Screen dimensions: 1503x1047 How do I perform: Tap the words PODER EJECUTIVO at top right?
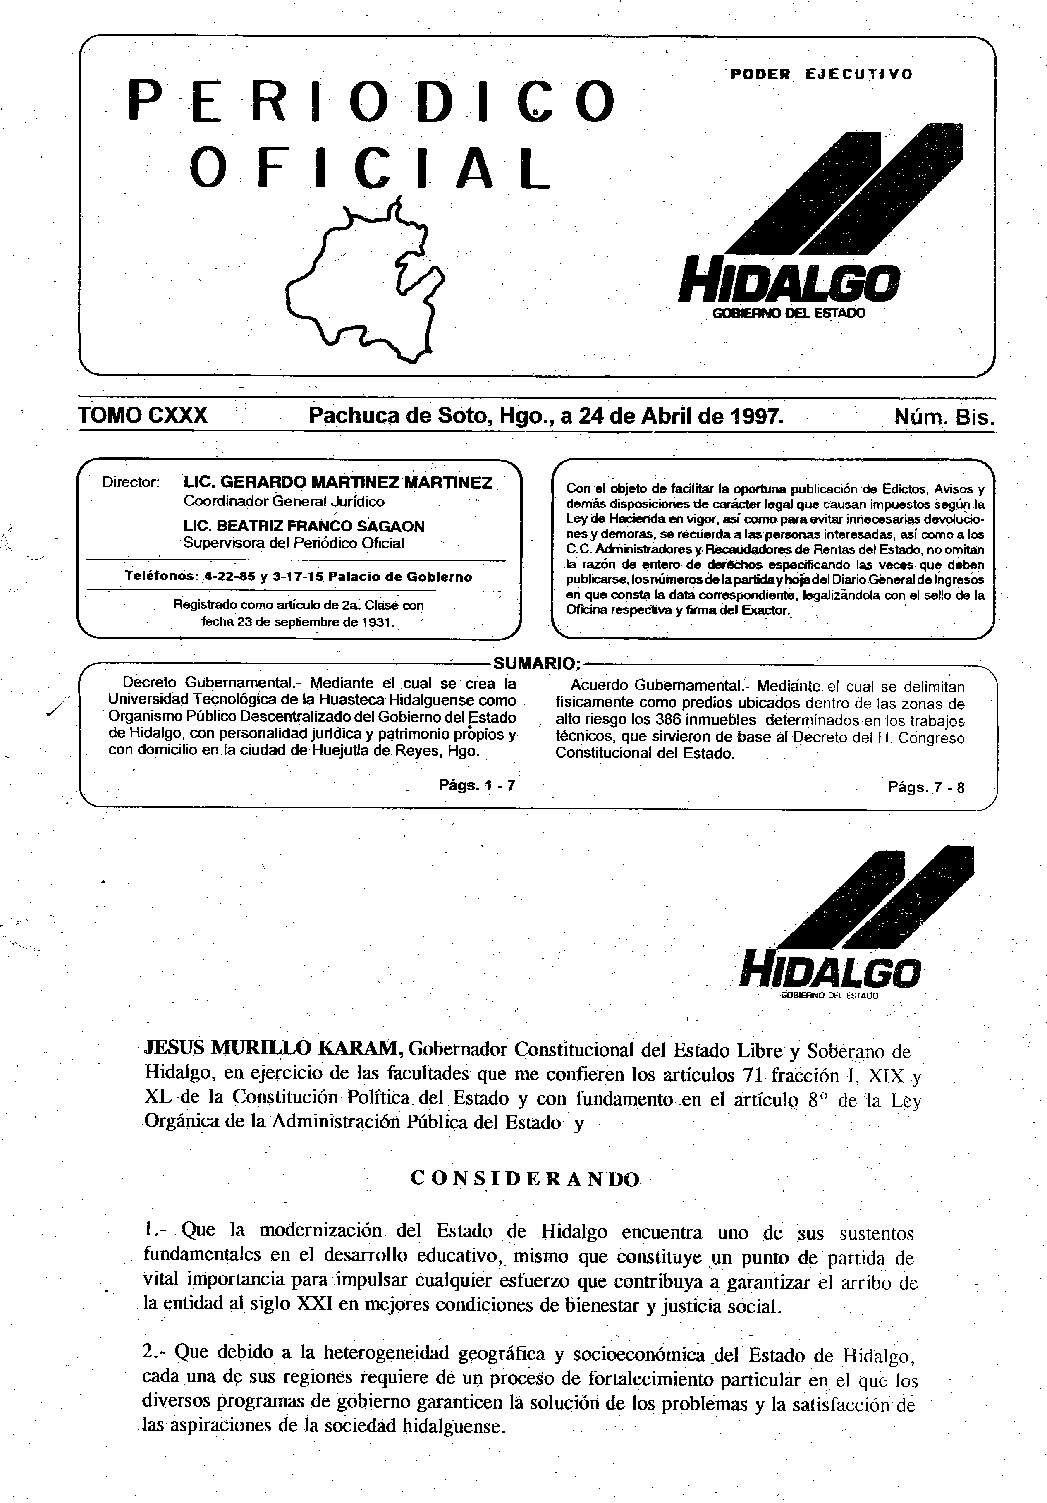(x=821, y=74)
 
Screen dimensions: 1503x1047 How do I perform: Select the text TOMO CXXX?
(x=143, y=415)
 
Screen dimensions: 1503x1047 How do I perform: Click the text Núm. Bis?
(x=944, y=417)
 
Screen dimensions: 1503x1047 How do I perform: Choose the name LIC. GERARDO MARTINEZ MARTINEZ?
(x=338, y=483)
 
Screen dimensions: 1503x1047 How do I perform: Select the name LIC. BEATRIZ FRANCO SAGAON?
(x=304, y=527)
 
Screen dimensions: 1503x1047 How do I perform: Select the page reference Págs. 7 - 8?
(x=926, y=787)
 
